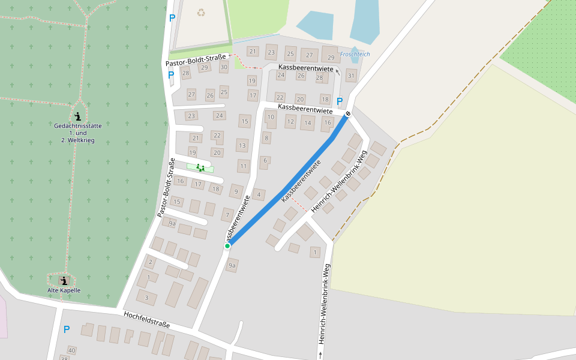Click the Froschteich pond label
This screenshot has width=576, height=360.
pos(355,54)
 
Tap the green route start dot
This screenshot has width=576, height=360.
pos(227,246)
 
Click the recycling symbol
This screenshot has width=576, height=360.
pos(201,12)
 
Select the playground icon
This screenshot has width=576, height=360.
pos(200,167)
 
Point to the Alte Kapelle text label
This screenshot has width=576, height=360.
pos(64,290)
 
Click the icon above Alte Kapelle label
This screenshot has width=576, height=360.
pos(64,280)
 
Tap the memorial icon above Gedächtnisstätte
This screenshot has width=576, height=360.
pos(77,116)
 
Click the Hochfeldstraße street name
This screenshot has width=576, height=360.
pos(147,320)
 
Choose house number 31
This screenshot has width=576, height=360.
pos(351,76)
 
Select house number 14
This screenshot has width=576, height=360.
pos(308,123)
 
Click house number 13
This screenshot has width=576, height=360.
pos(242,145)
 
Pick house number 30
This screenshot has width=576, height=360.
pos(224,67)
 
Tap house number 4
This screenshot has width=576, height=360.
pos(259,194)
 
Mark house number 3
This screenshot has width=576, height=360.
pos(146,297)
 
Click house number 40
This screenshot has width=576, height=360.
pos(72,350)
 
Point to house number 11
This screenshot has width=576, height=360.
pos(243,166)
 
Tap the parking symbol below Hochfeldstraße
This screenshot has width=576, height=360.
pos(67,329)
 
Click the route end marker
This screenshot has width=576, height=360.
pos(347,113)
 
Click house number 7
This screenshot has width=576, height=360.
pos(227,214)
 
